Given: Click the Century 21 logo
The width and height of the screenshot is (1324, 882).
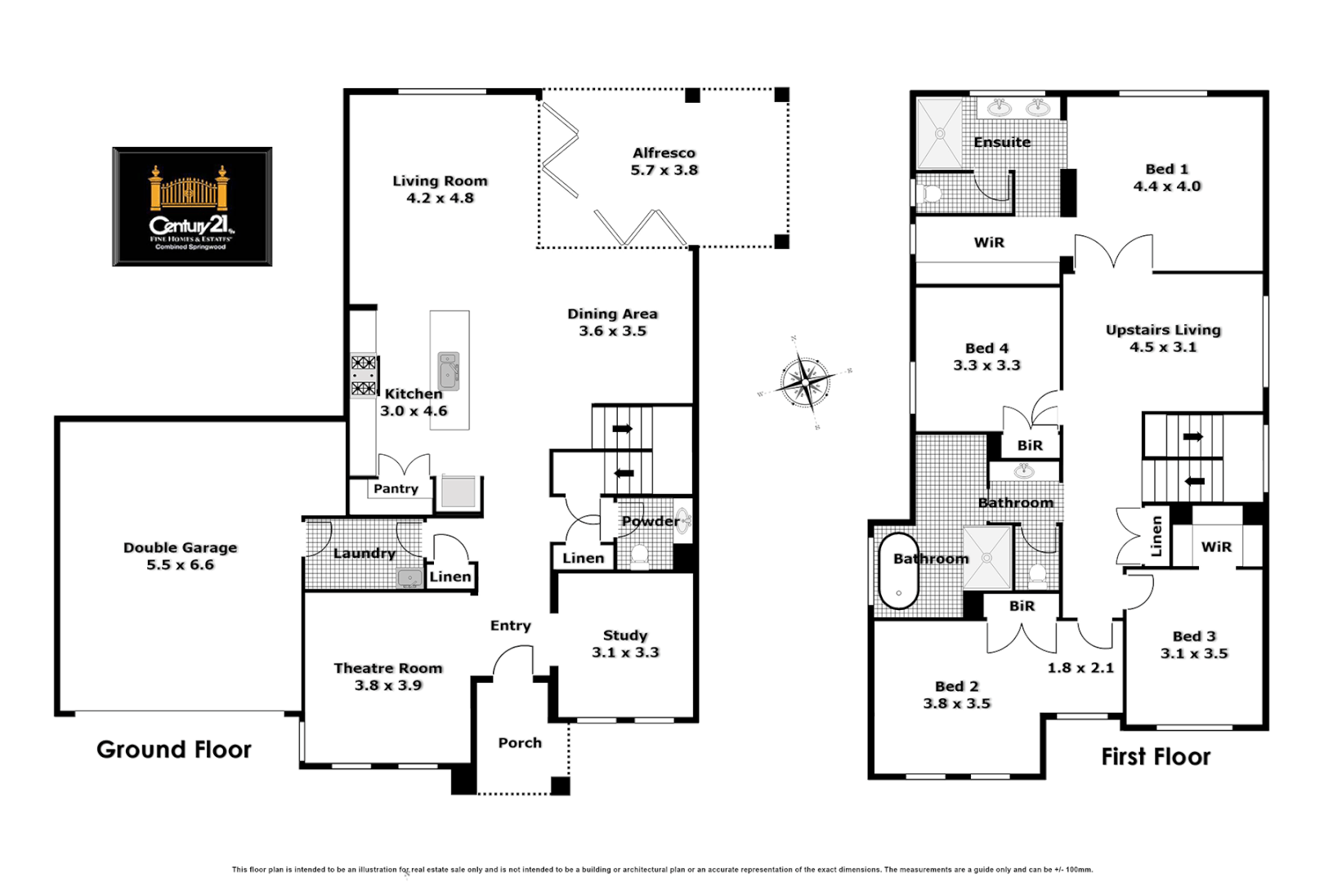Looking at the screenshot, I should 192,207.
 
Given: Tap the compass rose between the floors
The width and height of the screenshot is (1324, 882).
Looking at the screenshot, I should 805,382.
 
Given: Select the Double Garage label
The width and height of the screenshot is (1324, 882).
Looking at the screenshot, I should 180,547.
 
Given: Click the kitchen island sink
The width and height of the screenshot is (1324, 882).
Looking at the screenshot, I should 449,371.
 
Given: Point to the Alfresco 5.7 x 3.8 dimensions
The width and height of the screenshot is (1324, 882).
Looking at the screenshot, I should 664,171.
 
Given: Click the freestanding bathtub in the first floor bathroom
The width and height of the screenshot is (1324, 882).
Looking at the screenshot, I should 899,572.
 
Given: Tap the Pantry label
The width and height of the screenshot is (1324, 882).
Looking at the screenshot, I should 396,488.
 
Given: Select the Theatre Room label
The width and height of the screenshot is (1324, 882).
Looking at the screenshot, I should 388,668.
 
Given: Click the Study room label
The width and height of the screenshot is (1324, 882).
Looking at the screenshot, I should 625,635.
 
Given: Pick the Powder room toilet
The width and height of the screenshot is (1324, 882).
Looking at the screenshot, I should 639,556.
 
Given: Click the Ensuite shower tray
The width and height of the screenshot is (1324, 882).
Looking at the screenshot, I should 940,133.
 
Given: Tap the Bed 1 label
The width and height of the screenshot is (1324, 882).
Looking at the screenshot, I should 1166,169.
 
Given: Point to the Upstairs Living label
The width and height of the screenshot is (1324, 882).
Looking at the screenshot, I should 1163,330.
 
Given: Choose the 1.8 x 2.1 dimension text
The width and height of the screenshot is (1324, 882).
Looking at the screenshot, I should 1080,668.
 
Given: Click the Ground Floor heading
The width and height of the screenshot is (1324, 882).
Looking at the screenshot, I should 174,750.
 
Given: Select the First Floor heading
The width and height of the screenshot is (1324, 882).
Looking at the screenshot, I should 1156,757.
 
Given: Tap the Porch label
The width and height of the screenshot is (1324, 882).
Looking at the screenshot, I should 520,742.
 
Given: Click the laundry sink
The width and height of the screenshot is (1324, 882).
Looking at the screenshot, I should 409,578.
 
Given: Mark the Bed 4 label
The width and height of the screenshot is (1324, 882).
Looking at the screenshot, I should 986,349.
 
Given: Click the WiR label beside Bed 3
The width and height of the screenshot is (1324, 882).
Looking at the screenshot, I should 1216,547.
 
